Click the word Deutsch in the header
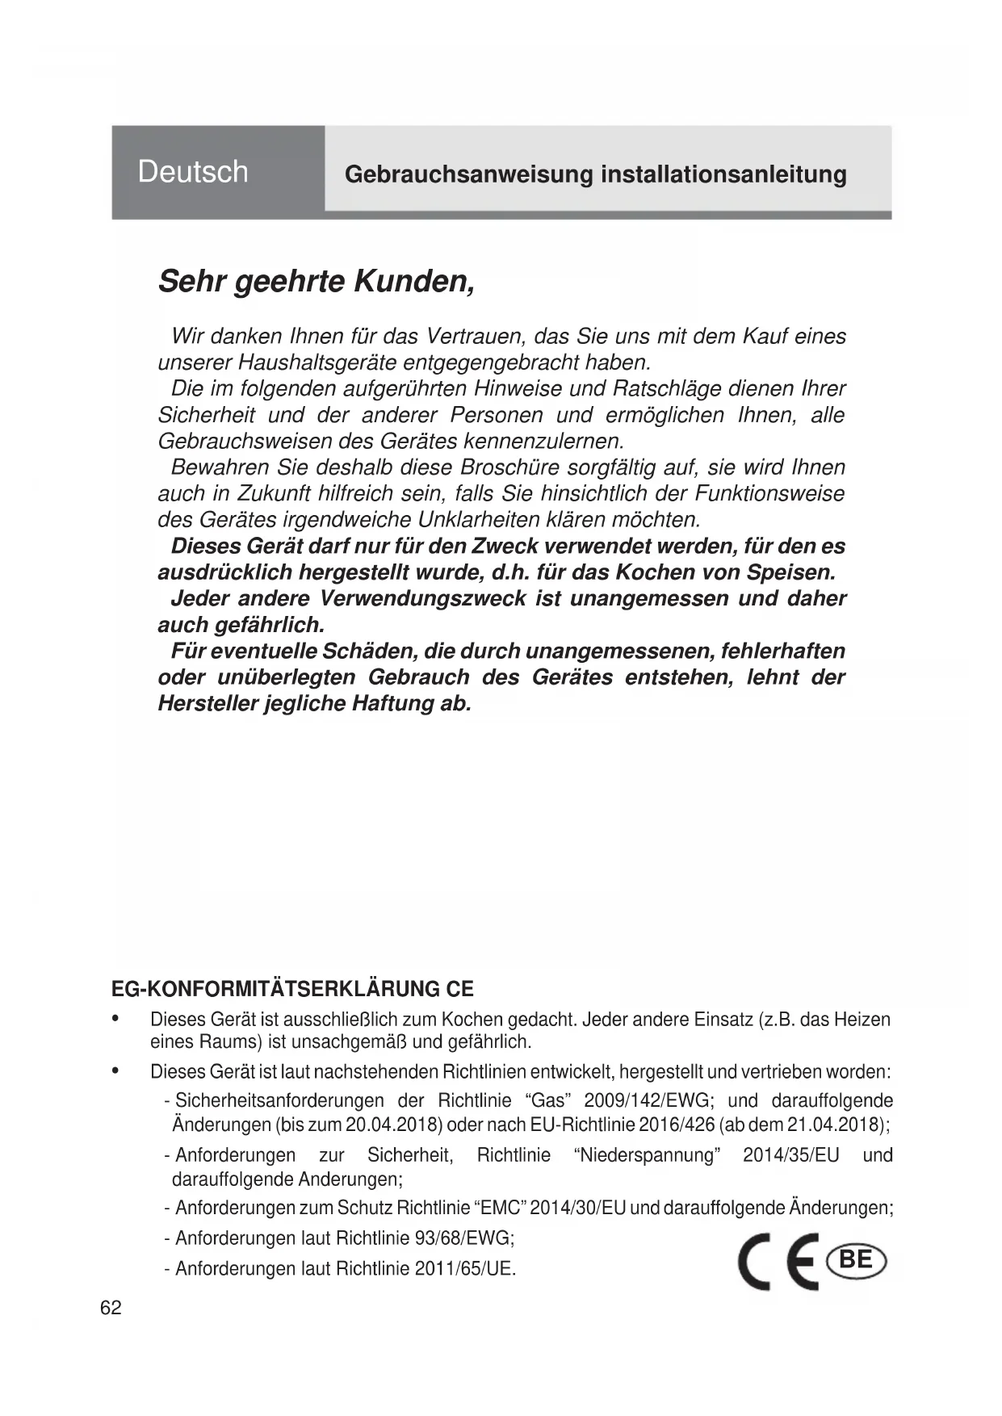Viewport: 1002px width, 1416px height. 193,171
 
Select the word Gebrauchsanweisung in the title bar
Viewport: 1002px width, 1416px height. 457,174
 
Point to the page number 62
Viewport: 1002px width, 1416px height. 111,1308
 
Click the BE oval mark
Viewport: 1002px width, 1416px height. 856,1259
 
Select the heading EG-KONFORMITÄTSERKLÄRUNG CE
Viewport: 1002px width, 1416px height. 292,989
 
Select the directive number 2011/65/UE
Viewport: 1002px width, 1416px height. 464,1268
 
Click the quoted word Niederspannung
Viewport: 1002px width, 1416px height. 648,1155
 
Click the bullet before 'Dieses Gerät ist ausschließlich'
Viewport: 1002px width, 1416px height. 116,1019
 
